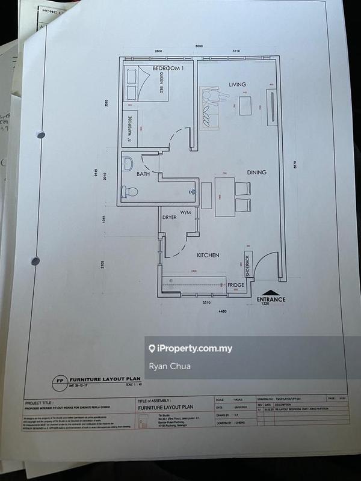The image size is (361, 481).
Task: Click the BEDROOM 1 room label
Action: pos(168,69)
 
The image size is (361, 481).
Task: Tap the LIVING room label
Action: pos(238,84)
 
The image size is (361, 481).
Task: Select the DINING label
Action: pos(256,173)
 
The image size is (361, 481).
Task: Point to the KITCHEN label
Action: pos(208,255)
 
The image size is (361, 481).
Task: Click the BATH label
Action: pos(143,174)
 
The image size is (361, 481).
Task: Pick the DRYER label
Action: pos(169,217)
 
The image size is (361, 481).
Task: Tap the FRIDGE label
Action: pos(235,285)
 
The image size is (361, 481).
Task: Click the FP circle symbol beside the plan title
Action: pos(59,381)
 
